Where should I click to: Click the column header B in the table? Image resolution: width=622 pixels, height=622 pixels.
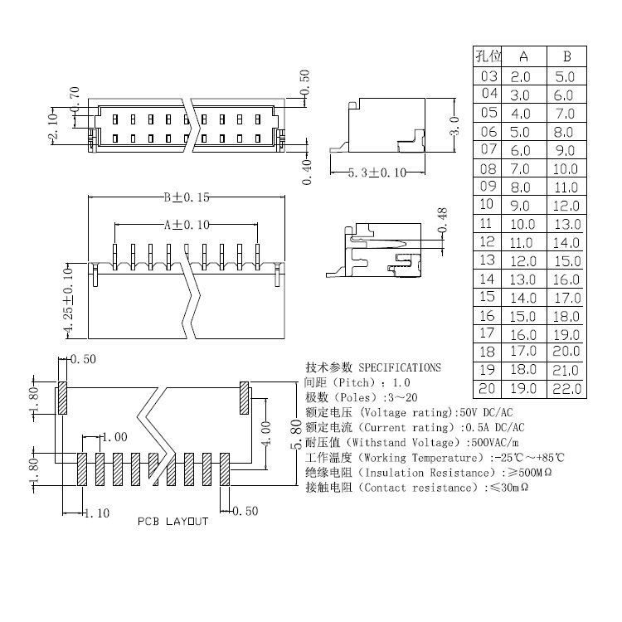click(x=566, y=56)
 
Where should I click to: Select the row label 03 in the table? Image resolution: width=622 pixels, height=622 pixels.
click(x=489, y=76)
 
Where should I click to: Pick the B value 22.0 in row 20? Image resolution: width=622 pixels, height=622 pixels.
click(x=567, y=388)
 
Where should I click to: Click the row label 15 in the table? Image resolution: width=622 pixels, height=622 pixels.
click(x=488, y=297)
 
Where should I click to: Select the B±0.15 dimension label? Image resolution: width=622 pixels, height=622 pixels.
click(x=187, y=197)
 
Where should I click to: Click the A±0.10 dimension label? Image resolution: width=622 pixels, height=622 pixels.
click(x=187, y=224)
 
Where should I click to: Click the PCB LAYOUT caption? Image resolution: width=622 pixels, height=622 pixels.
click(x=173, y=522)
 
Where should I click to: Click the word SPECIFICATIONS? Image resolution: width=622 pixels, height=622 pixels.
click(x=400, y=367)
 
